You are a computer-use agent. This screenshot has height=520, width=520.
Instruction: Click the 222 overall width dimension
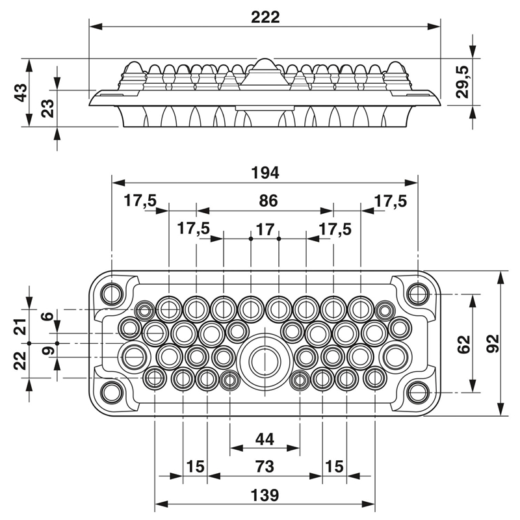tap(265, 18)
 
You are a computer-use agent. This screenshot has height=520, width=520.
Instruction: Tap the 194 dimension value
tap(265, 173)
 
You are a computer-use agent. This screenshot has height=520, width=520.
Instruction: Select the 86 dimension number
tap(268, 201)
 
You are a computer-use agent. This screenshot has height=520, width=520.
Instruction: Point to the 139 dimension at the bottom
tap(265, 495)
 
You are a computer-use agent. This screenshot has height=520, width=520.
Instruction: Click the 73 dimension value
tap(265, 467)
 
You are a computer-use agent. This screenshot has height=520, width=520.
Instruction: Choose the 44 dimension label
tap(265, 439)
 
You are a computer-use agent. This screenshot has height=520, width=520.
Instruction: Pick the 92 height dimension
tap(493, 344)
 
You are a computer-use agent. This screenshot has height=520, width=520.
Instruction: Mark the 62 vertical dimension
tap(463, 344)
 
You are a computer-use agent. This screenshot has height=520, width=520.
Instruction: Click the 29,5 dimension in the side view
tap(462, 82)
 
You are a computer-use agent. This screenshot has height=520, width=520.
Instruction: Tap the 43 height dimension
tap(21, 93)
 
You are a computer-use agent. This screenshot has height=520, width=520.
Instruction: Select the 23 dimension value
tap(47, 109)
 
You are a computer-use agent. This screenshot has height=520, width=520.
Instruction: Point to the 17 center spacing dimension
tap(265, 229)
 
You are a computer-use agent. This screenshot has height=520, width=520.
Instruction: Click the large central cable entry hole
tap(265, 361)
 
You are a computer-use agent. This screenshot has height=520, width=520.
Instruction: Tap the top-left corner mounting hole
tap(112, 294)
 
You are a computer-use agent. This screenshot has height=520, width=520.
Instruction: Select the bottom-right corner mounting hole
tap(418, 393)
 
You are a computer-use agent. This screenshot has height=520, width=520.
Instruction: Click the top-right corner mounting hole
tap(418, 294)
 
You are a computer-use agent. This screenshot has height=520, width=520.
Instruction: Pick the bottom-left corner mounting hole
tap(112, 393)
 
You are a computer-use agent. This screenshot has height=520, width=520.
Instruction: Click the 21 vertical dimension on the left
tap(21, 327)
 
